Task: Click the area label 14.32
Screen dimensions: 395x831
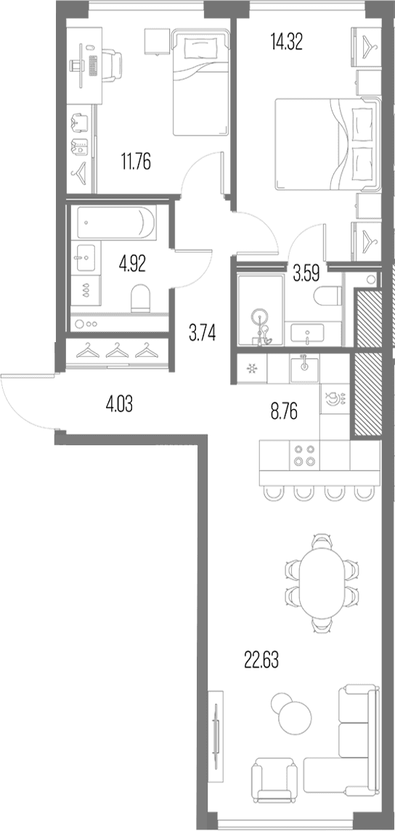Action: coord(286,41)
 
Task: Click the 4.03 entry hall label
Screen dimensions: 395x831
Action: coord(119,406)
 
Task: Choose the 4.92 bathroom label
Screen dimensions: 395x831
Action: coord(132,263)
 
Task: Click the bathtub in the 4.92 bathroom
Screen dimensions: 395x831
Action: coord(116,222)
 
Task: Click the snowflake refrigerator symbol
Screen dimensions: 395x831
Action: coord(252,368)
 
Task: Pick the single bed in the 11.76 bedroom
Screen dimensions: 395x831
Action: coord(200,82)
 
